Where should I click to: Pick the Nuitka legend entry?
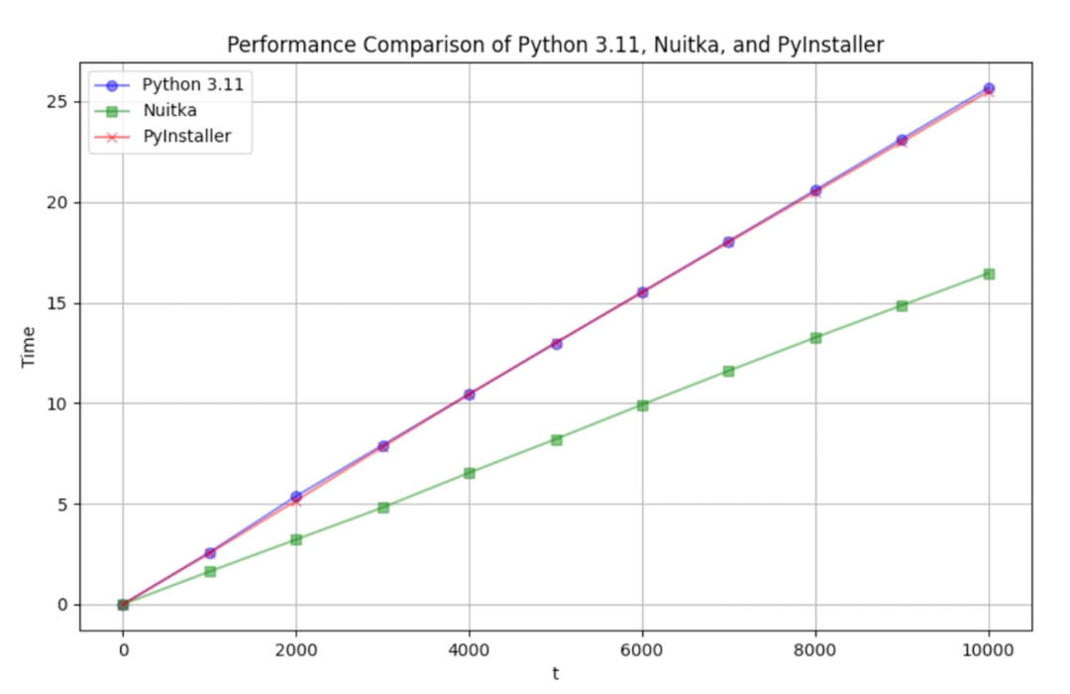tap(170, 110)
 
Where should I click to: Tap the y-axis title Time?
tap(29, 346)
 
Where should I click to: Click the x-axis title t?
tap(556, 674)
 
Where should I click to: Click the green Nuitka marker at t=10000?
tap(989, 274)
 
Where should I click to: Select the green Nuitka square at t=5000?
tap(556, 439)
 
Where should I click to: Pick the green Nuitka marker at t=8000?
tap(815, 338)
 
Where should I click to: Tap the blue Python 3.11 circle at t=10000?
tap(989, 88)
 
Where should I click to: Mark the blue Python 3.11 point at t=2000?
tap(296, 496)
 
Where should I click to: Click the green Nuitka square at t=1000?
tap(209, 571)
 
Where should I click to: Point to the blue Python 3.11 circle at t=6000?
tap(642, 292)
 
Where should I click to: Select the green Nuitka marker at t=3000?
tap(382, 507)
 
